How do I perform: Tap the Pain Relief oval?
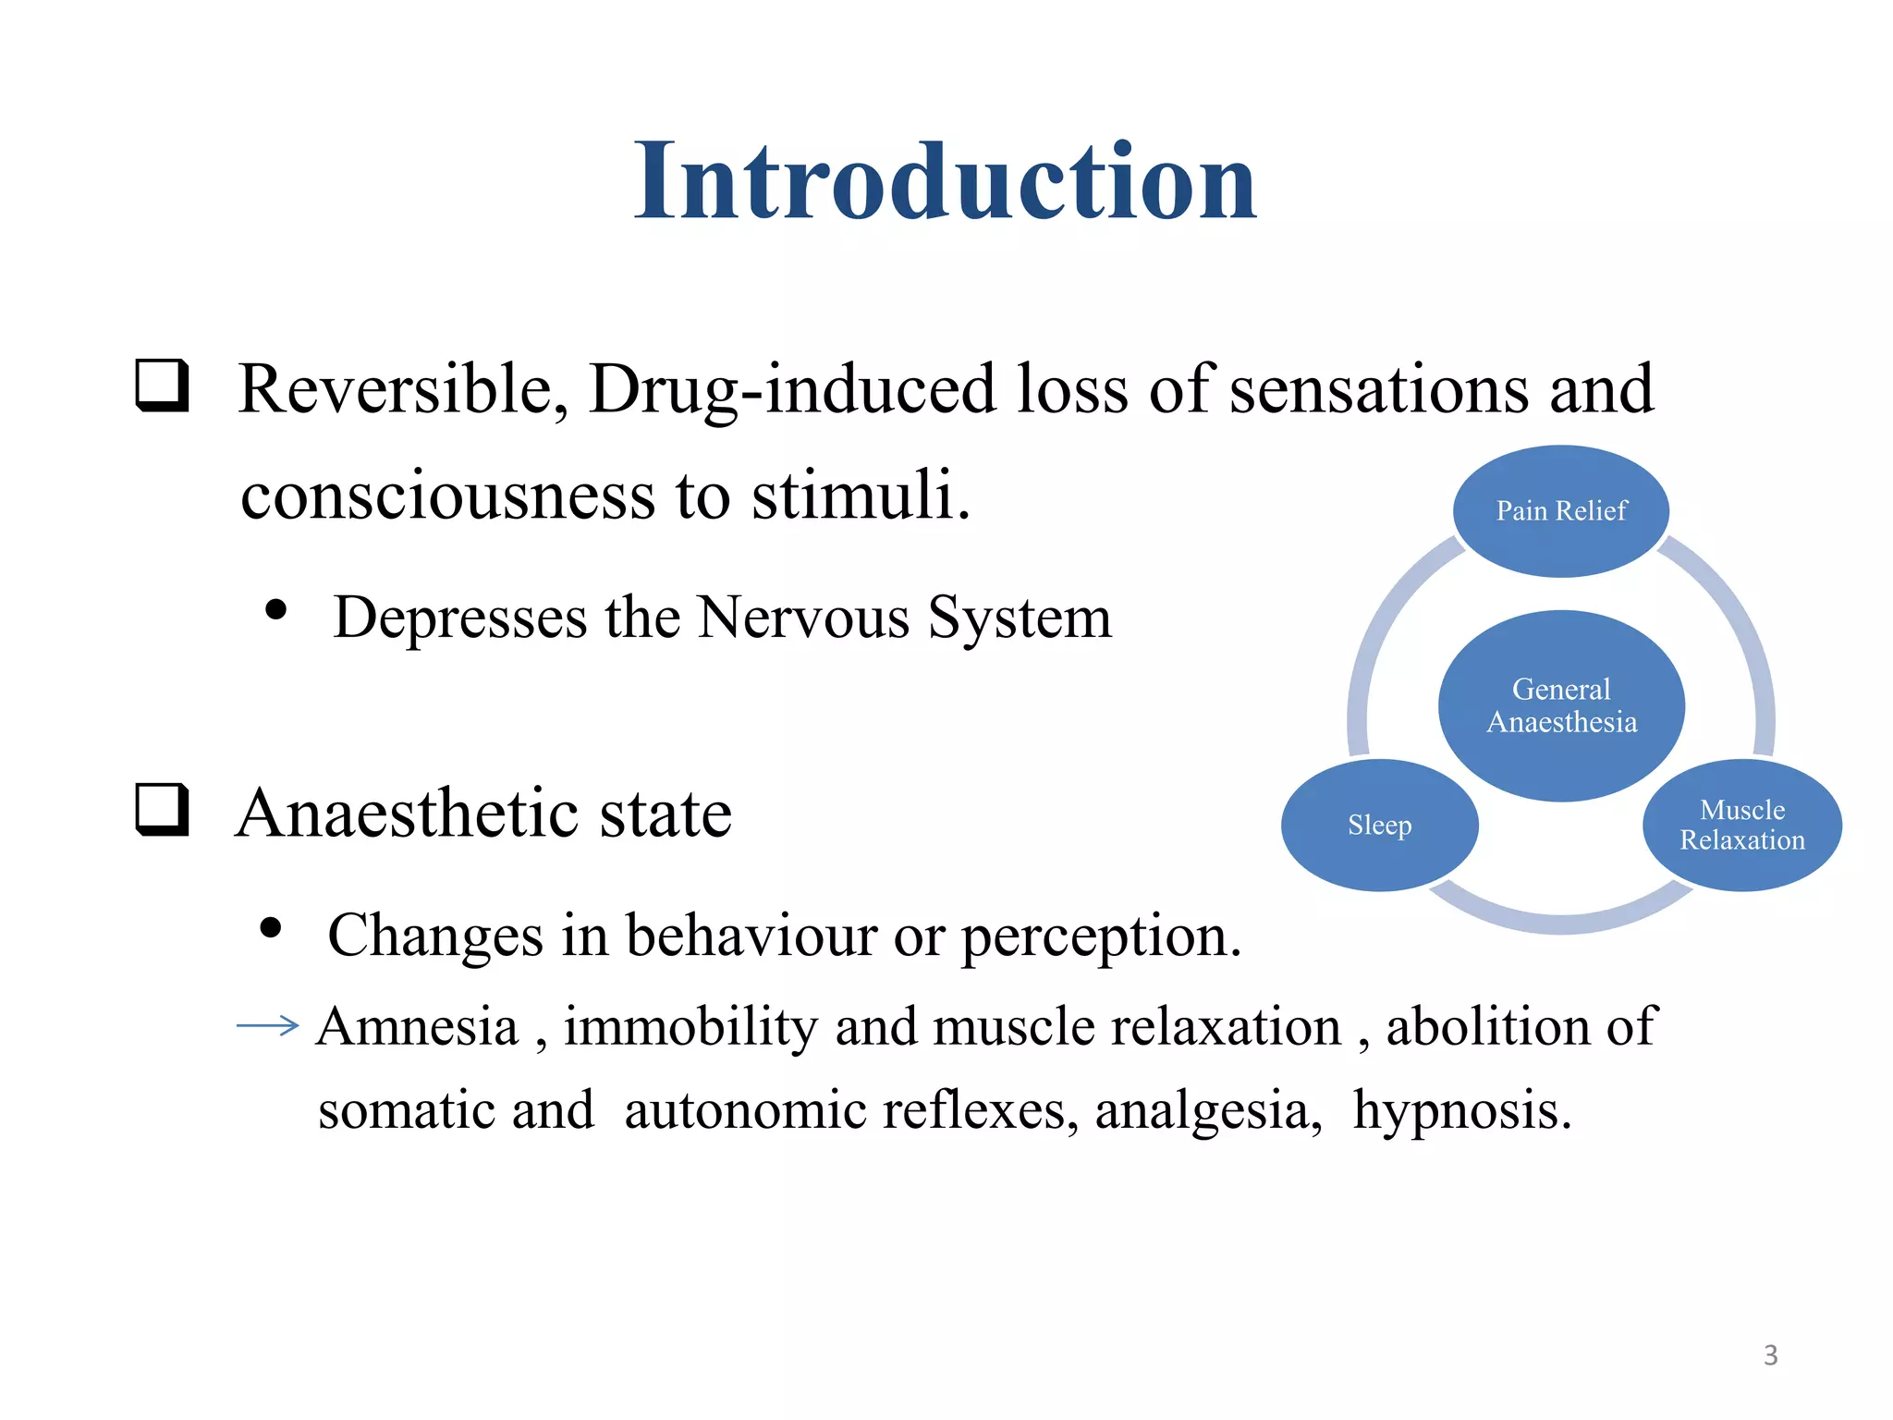point(1561,511)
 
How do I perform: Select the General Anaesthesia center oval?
point(1561,705)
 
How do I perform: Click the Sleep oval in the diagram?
point(1379,825)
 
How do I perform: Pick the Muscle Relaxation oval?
point(1741,825)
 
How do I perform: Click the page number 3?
point(1770,1355)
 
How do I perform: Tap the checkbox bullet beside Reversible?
point(163,386)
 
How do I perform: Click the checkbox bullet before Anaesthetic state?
point(163,810)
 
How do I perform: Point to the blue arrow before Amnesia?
point(268,1025)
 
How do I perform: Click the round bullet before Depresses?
point(275,610)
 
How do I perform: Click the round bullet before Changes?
point(271,927)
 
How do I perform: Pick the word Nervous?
point(803,618)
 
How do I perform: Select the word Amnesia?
point(418,1027)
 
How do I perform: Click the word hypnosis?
point(1461,1110)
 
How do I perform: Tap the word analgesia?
point(1208,1110)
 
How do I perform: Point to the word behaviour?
point(750,936)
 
